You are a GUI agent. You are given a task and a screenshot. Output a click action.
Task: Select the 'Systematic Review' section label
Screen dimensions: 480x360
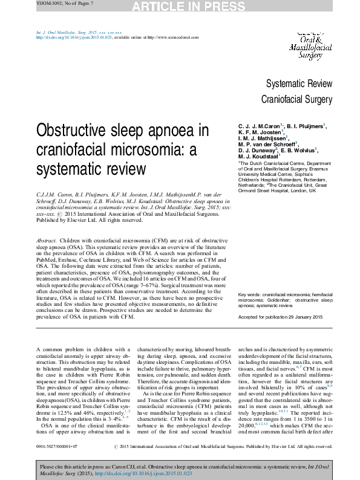[x=299, y=83]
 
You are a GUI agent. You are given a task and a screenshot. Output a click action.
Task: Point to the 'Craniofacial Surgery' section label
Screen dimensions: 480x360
[x=296, y=99]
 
